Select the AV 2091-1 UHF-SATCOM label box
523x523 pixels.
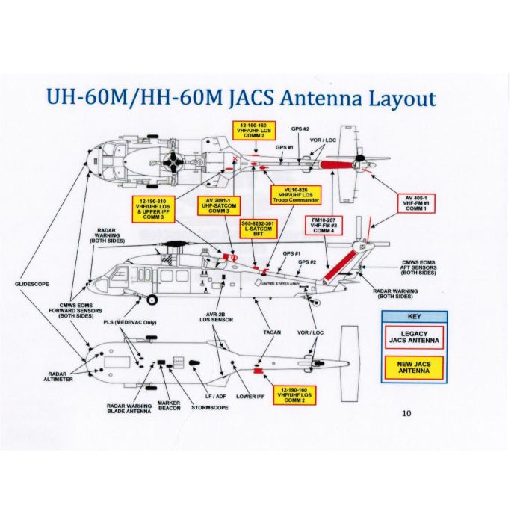pos(218,205)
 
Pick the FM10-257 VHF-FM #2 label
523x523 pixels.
pos(325,226)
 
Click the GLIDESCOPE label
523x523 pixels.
pos(31,285)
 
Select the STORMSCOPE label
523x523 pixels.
pos(205,408)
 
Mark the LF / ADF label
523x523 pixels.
pos(214,395)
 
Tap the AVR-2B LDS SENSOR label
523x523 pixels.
pos(215,317)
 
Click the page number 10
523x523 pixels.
pos(406,412)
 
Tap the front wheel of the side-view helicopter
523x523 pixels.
pos(152,300)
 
